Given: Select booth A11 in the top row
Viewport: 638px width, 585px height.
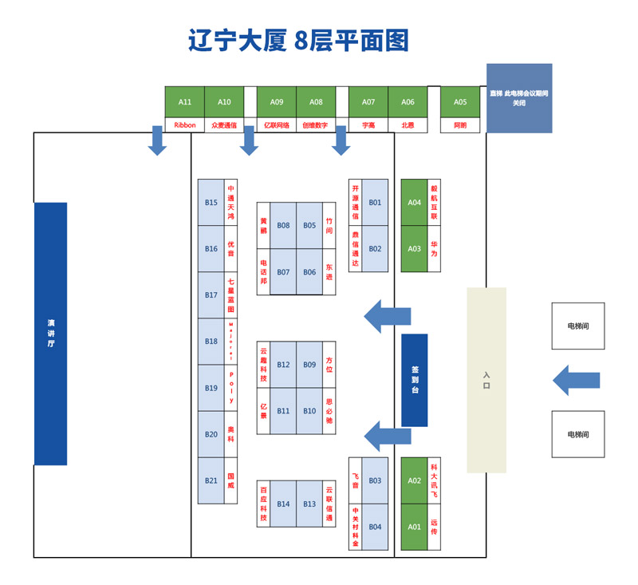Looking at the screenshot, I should coord(185,102).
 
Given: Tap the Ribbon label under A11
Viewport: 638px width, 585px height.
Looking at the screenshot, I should coord(185,125).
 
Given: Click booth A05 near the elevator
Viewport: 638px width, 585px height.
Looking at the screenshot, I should coord(460,102).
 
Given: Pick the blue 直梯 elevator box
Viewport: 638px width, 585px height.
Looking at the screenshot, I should coord(518,98).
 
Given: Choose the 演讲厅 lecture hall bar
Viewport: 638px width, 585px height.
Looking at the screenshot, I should coord(50,334).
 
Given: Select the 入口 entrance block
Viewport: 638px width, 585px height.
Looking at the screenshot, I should coord(486,380).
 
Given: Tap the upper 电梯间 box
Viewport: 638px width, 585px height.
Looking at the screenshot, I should coord(577,326).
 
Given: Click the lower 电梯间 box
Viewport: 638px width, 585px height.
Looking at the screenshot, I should coord(577,434).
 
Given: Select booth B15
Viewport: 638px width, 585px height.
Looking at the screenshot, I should coord(211,203).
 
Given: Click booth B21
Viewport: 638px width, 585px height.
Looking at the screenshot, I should coord(211,480).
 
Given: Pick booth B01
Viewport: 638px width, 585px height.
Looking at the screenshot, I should coord(375,203).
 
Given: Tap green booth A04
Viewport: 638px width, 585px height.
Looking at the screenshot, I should coord(414,203).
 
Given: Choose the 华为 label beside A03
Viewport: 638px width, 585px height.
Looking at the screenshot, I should coord(434,249).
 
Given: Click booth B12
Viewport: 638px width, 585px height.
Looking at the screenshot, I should coord(284,365).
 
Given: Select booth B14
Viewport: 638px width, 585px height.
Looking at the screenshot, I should coord(284,504).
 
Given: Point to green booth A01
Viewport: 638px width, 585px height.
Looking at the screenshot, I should coord(414,527).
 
